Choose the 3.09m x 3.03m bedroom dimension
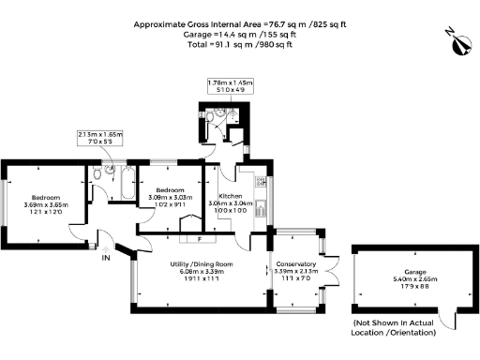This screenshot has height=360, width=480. (169, 197)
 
